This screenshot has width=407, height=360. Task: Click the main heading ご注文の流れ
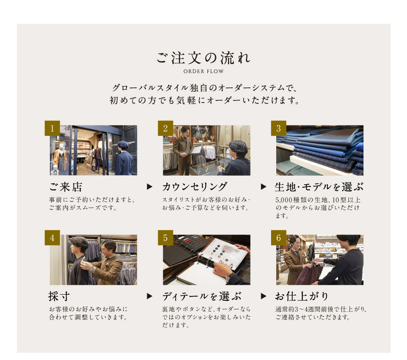203,58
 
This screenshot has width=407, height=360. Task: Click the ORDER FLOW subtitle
203,71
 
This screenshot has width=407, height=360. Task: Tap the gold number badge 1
52,128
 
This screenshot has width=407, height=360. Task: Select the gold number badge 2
165,128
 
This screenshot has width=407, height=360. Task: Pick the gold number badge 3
278,128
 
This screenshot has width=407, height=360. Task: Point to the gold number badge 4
52,238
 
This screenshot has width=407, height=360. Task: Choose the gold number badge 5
165,238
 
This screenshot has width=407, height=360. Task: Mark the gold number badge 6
278,238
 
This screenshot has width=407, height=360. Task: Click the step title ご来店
66,187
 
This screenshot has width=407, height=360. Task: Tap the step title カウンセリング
195,187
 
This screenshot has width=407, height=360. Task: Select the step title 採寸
59,296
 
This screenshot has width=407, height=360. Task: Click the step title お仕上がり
302,296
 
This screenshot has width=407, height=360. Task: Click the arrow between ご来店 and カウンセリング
149,186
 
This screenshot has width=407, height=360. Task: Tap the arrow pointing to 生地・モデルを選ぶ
263,186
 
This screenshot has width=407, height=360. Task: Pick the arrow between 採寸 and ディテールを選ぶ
149,296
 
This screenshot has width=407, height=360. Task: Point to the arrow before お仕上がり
263,296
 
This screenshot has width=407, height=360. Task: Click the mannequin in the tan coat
60,157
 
